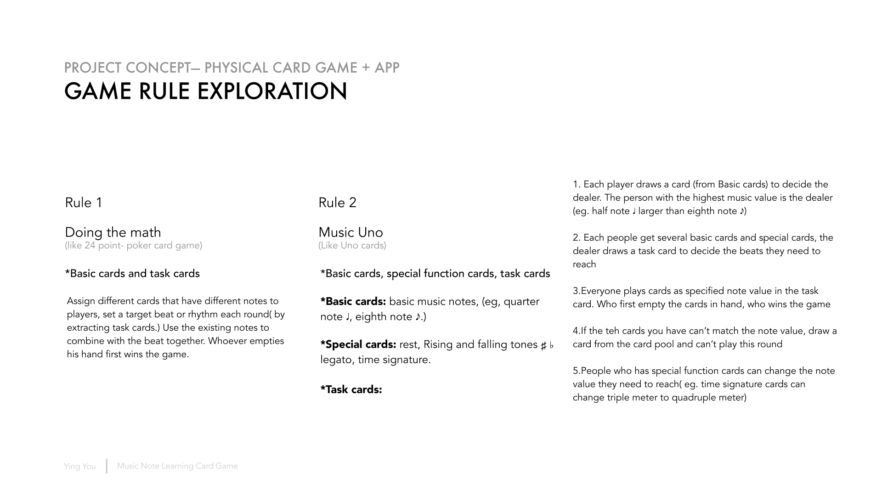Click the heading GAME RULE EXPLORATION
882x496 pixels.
click(x=205, y=91)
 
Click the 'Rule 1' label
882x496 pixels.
click(x=84, y=203)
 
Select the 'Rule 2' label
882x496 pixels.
click(x=337, y=203)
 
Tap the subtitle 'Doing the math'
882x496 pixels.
click(x=113, y=232)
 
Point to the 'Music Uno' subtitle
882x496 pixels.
click(x=351, y=232)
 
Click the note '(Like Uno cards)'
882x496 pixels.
click(x=352, y=245)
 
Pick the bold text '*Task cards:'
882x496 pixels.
click(x=351, y=389)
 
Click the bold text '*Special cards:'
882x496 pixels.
click(x=358, y=344)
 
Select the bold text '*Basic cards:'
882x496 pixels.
click(x=353, y=301)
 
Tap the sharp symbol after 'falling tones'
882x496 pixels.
click(x=543, y=346)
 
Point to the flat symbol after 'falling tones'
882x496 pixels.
click(x=552, y=345)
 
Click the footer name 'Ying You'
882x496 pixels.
click(x=79, y=466)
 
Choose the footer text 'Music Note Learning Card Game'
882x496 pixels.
click(x=177, y=466)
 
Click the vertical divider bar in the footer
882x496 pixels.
click(x=107, y=466)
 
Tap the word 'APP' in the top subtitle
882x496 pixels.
click(x=387, y=68)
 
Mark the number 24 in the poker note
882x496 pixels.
click(x=90, y=245)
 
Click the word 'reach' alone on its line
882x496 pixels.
click(x=584, y=264)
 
